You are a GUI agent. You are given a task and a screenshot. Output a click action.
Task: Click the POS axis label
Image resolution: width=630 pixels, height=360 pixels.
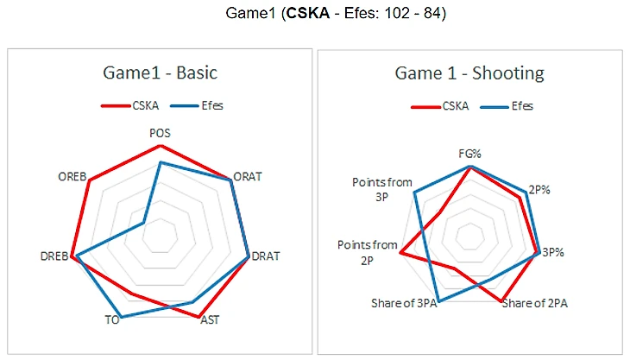(160, 133)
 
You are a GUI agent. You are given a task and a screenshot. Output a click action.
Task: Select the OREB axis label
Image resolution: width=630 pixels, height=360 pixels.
(72, 176)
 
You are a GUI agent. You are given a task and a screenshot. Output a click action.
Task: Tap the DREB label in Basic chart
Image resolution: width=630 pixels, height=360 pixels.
(54, 256)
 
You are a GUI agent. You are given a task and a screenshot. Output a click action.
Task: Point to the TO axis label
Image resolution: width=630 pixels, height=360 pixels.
(111, 320)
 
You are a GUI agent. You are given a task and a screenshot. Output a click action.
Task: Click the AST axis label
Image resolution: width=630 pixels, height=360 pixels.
(209, 320)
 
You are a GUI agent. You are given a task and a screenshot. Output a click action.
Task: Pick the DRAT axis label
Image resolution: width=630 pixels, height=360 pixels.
(265, 256)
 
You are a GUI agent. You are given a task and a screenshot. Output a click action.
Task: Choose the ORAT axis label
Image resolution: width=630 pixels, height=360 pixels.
(248, 176)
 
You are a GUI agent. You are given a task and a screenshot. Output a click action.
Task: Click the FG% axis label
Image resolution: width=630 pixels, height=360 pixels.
(469, 154)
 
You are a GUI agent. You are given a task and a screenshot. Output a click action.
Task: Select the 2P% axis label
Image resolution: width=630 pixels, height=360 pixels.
(540, 188)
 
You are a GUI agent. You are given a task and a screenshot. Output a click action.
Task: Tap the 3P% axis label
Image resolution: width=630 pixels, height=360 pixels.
(553, 253)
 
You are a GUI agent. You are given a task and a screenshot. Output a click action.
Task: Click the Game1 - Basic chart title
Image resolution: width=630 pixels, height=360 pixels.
(159, 73)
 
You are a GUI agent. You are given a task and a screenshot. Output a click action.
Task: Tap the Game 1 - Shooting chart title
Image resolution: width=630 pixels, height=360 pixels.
(469, 73)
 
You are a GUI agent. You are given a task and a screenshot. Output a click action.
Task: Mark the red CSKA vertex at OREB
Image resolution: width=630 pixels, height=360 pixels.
(89, 180)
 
